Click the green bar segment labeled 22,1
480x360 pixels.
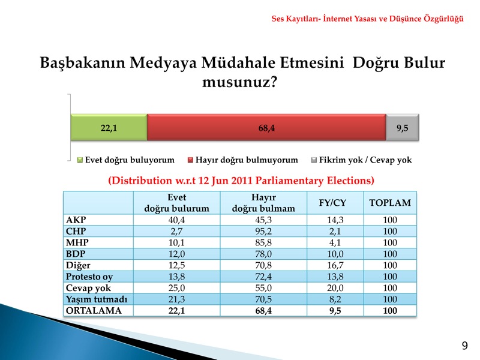point(109,127)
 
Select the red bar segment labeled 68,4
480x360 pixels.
point(266,127)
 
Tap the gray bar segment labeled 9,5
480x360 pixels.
point(402,127)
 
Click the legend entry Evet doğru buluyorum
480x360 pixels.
point(126,160)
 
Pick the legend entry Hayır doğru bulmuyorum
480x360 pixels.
point(243,160)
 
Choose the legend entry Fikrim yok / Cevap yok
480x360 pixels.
point(361,160)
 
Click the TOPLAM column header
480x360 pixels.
point(390,203)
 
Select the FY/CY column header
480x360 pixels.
point(332,203)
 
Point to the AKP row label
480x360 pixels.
point(76,220)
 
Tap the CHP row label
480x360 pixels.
point(76,231)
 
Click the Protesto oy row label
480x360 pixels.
point(89,277)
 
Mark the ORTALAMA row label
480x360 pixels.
point(94,310)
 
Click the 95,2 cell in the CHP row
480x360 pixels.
point(263,232)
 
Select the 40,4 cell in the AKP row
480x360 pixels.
point(176,220)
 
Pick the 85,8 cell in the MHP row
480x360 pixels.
point(263,243)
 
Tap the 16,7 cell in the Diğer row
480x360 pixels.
point(335,265)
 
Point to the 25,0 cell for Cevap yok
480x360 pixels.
point(176,288)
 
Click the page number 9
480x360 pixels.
point(464,346)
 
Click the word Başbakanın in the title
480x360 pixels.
point(83,63)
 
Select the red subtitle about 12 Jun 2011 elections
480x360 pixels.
point(241,181)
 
